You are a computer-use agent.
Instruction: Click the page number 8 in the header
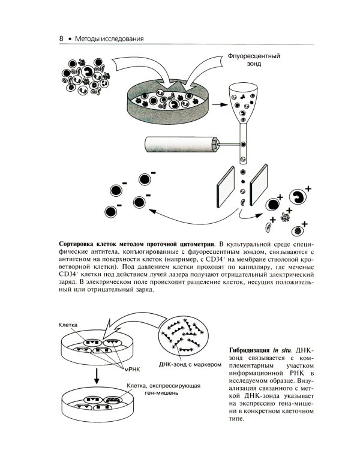[61, 39]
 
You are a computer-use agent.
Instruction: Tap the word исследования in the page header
[121, 39]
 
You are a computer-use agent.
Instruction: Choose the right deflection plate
[260, 187]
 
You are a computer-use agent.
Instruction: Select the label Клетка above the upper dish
[69, 324]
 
